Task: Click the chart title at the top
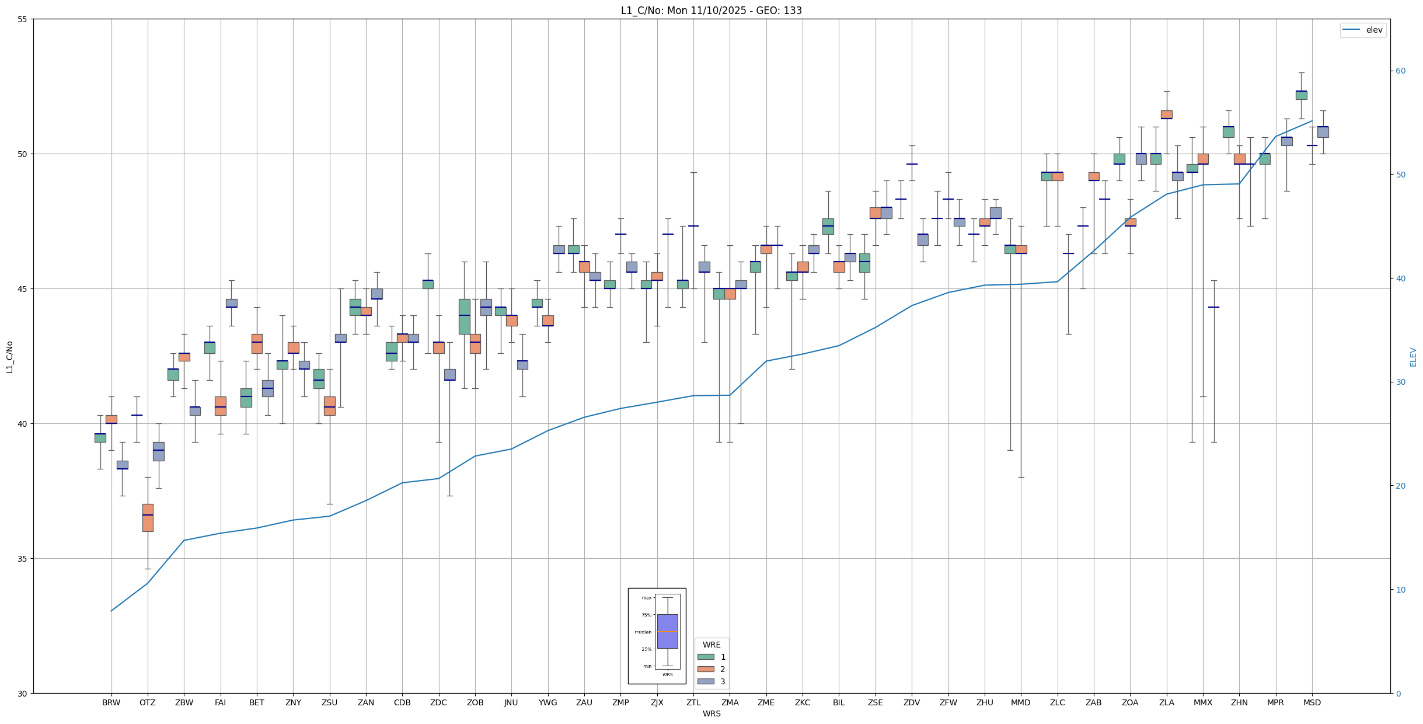point(711,11)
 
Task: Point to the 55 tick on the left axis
point(23,19)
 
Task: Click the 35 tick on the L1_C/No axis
point(23,559)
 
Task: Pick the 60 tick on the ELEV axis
point(1400,71)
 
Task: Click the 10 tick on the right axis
point(1400,590)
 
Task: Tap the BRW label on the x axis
point(111,702)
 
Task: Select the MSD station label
point(1312,702)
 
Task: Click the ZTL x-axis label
point(693,702)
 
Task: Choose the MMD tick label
point(1021,702)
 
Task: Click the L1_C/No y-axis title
point(9,357)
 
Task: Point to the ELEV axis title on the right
point(1413,357)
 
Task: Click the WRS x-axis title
point(712,713)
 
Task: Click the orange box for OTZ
point(148,517)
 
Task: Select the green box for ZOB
point(464,316)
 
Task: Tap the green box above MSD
point(1301,95)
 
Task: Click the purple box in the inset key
point(667,631)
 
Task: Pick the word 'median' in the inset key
point(643,632)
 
